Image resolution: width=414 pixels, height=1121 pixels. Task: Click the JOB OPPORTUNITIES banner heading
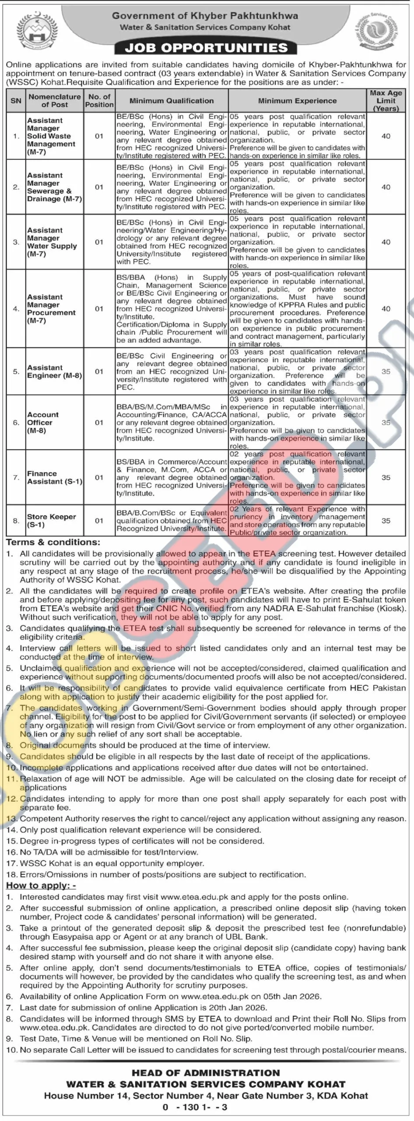point(206,48)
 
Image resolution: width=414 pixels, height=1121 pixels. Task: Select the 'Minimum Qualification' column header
point(172,101)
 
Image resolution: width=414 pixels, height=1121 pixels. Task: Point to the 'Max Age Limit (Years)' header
point(386,101)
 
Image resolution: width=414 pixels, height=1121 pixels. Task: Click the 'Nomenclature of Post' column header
point(55,101)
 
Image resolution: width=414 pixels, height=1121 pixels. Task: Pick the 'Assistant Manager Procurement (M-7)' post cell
point(51,309)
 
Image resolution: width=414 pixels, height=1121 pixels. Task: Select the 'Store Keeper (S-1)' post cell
point(51,520)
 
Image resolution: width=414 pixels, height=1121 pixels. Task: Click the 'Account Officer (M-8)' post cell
point(42,423)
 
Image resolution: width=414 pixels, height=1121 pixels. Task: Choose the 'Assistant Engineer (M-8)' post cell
point(54,371)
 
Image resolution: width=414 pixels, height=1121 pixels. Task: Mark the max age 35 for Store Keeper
point(386,521)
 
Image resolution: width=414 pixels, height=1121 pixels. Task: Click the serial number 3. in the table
point(16,242)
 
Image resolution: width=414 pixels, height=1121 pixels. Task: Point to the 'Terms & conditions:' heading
point(53,542)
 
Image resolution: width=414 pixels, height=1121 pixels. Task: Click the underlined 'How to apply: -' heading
point(41,885)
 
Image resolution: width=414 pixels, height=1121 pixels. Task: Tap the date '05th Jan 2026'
point(292,996)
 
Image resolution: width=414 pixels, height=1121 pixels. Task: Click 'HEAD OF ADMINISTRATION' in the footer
point(206,1073)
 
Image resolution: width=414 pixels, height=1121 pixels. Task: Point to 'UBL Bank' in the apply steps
point(251,937)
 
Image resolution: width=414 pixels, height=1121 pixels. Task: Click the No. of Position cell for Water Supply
point(99,242)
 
